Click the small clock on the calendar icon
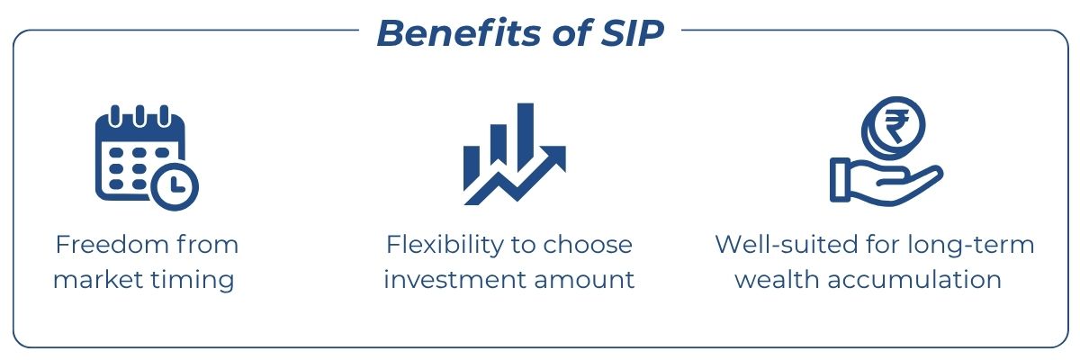pos(175,184)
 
